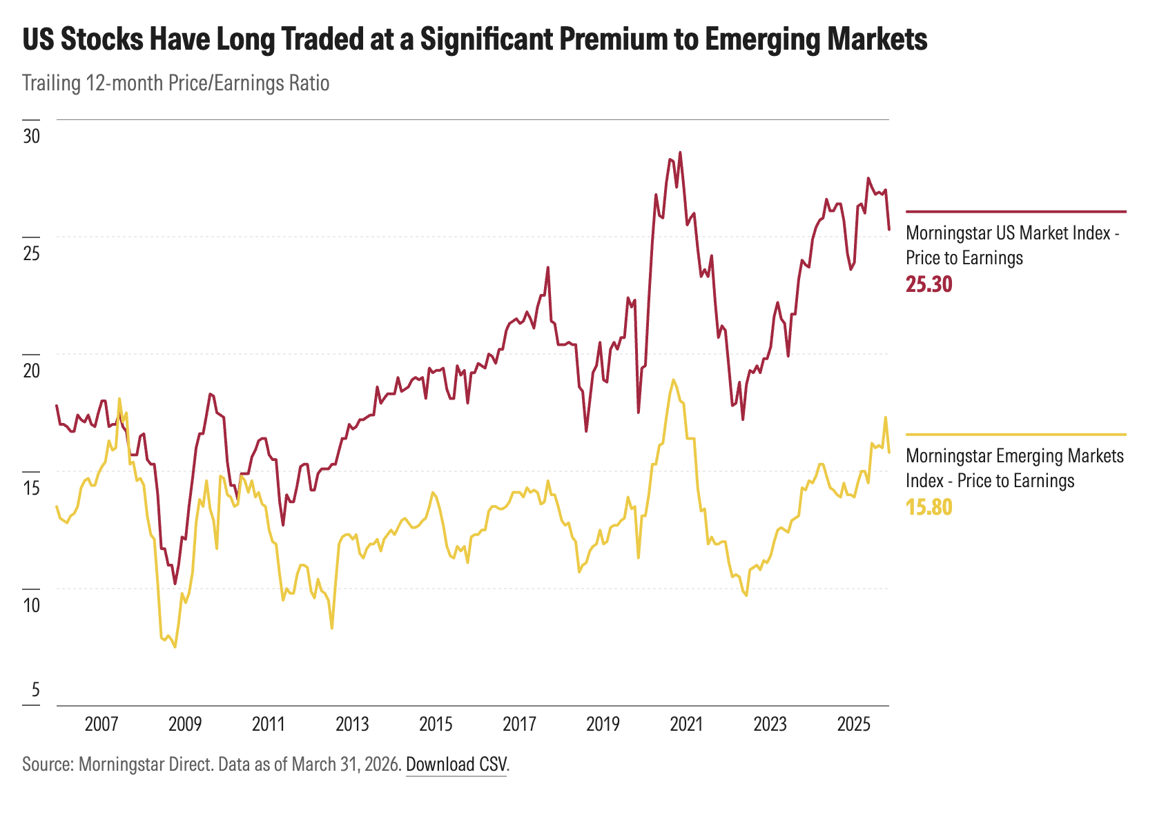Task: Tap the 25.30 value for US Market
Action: pyautogui.click(x=928, y=284)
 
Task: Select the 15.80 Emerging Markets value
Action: pyautogui.click(x=928, y=508)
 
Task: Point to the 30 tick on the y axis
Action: pyautogui.click(x=31, y=136)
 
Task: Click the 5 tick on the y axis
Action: pyautogui.click(x=35, y=690)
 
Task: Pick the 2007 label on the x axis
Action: pyautogui.click(x=101, y=725)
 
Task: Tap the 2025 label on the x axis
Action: pyautogui.click(x=853, y=725)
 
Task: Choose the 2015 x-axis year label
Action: pyautogui.click(x=436, y=725)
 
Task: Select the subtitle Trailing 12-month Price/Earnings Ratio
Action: pyautogui.click(x=175, y=83)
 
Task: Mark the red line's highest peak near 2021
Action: pyautogui.click(x=680, y=152)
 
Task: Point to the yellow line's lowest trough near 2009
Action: pyautogui.click(x=175, y=647)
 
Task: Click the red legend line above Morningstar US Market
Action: pyautogui.click(x=1015, y=211)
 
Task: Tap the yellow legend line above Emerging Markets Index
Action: pyautogui.click(x=1015, y=435)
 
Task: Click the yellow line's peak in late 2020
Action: pyautogui.click(x=672, y=380)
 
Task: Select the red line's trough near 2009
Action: pyautogui.click(x=175, y=584)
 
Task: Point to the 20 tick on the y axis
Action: pyautogui.click(x=31, y=371)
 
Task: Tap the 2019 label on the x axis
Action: pyautogui.click(x=603, y=725)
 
